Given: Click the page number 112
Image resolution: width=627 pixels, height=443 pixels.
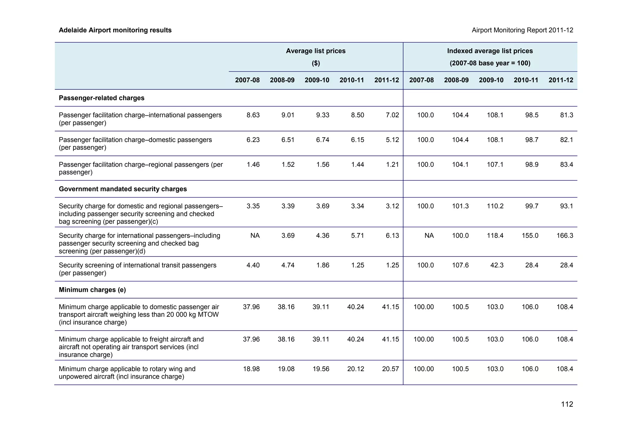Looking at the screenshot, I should tap(567, 404).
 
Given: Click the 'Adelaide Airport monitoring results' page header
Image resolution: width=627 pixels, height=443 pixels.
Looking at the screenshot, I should tap(115, 30).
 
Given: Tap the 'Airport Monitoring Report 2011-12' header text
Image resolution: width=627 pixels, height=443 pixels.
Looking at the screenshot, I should tap(522, 30).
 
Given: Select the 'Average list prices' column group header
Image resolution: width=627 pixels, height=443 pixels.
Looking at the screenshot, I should tap(316, 51).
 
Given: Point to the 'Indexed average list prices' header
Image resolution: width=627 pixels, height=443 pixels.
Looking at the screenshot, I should tap(490, 51).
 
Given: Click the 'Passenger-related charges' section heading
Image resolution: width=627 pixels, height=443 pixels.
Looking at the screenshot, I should tap(102, 98).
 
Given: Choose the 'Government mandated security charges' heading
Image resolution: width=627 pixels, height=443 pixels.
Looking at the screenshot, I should tap(123, 189).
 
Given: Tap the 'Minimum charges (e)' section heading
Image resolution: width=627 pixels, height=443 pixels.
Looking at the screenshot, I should tap(92, 290).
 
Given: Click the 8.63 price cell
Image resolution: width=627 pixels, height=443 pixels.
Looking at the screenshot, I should tap(253, 115).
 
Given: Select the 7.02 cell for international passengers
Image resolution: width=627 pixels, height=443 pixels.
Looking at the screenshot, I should tap(392, 115).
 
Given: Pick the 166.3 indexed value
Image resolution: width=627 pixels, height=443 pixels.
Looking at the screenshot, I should tap(565, 236).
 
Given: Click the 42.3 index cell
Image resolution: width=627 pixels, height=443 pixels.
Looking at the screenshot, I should tap(497, 265).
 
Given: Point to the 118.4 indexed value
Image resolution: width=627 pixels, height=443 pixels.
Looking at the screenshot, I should tap(495, 236).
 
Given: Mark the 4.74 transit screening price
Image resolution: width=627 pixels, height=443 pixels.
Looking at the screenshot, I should tap(288, 265).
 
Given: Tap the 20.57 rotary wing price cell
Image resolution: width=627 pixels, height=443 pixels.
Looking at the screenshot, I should tap(391, 369).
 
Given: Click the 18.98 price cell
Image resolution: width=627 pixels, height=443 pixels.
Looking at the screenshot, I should tap(251, 369).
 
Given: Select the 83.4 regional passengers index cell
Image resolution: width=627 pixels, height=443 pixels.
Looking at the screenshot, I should tap(567, 164).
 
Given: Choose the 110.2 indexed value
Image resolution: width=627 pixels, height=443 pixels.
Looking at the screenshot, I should tap(495, 206).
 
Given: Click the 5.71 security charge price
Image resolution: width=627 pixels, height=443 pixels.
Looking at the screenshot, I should tap(358, 236).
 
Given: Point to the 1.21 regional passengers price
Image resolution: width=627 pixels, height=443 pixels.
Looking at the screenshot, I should tap(392, 164).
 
